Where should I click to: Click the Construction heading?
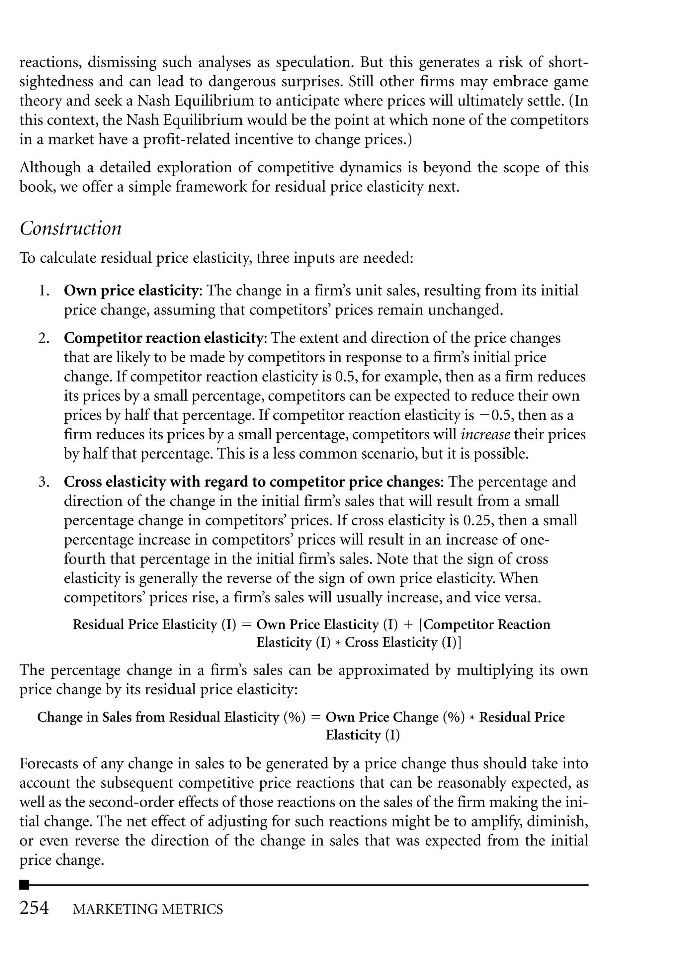click(70, 228)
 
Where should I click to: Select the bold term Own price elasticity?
click(130, 291)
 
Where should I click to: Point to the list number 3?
click(44, 482)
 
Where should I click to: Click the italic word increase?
click(485, 435)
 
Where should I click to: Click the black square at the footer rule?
click(25, 885)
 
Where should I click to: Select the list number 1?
click(44, 291)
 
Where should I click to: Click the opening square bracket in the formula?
click(421, 625)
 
